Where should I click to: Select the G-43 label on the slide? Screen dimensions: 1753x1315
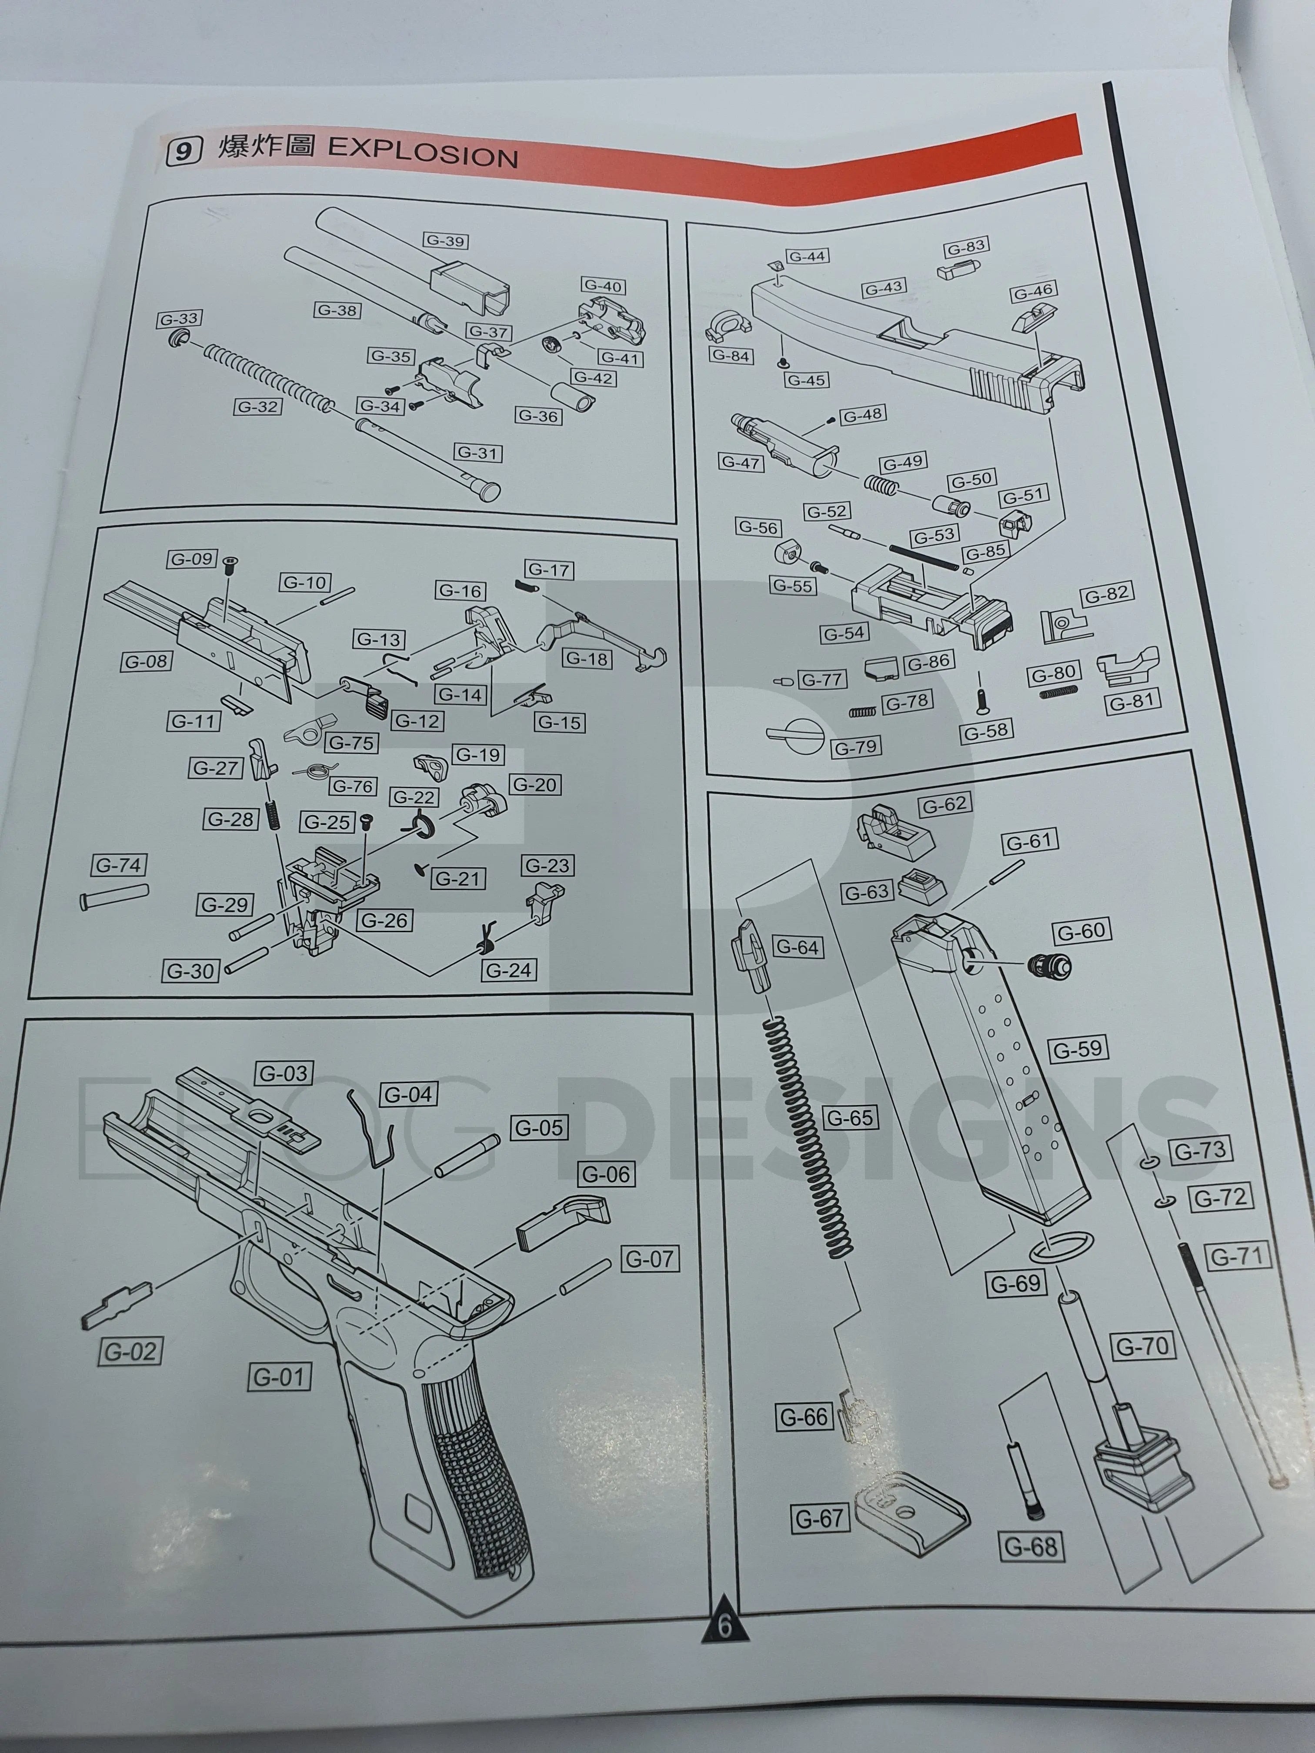pos(884,288)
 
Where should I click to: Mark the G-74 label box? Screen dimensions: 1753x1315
pos(119,865)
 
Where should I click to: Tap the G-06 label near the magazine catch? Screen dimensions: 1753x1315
pos(606,1174)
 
